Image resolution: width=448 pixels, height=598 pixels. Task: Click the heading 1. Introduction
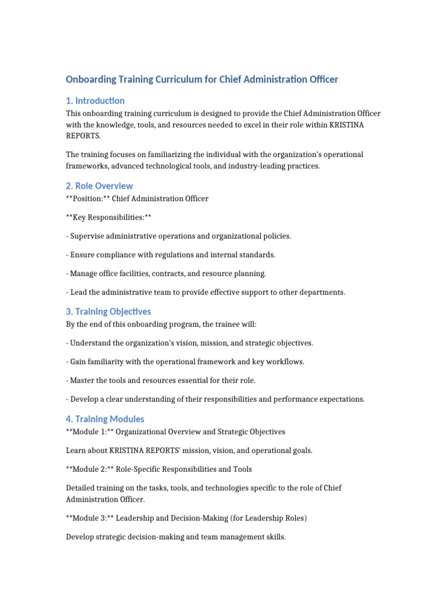(x=95, y=100)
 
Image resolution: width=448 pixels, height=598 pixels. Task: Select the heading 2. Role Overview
(x=99, y=186)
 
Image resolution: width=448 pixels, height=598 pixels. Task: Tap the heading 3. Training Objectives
(x=108, y=311)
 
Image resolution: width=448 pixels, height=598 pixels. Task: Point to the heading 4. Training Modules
(x=105, y=419)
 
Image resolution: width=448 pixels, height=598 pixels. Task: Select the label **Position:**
(x=87, y=199)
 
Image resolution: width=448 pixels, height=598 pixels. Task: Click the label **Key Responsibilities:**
(x=109, y=217)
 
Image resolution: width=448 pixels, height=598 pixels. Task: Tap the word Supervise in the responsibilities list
(x=87, y=236)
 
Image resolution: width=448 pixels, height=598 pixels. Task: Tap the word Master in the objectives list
(x=83, y=380)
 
